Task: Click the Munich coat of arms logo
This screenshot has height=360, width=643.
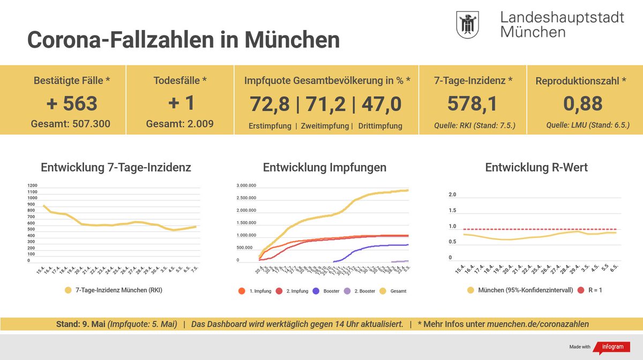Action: click(x=467, y=25)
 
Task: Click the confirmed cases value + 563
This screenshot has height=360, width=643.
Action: click(x=71, y=103)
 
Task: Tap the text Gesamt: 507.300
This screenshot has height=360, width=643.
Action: click(x=71, y=124)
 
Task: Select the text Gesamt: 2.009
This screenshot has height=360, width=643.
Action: click(x=180, y=124)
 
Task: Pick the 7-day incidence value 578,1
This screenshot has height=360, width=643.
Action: click(x=473, y=103)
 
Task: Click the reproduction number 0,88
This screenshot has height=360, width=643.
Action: click(x=582, y=103)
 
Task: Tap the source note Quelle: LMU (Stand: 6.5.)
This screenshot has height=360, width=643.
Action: click(x=587, y=126)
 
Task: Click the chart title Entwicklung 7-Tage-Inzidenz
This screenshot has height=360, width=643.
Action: click(x=116, y=168)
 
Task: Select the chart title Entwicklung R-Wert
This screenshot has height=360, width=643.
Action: click(x=536, y=168)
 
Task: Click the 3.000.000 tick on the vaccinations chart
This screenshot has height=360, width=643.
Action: click(x=246, y=186)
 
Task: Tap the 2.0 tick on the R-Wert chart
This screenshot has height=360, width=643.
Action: click(x=452, y=194)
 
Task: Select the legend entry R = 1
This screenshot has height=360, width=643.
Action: click(x=590, y=290)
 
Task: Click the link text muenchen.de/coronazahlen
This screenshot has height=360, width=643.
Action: click(x=537, y=324)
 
